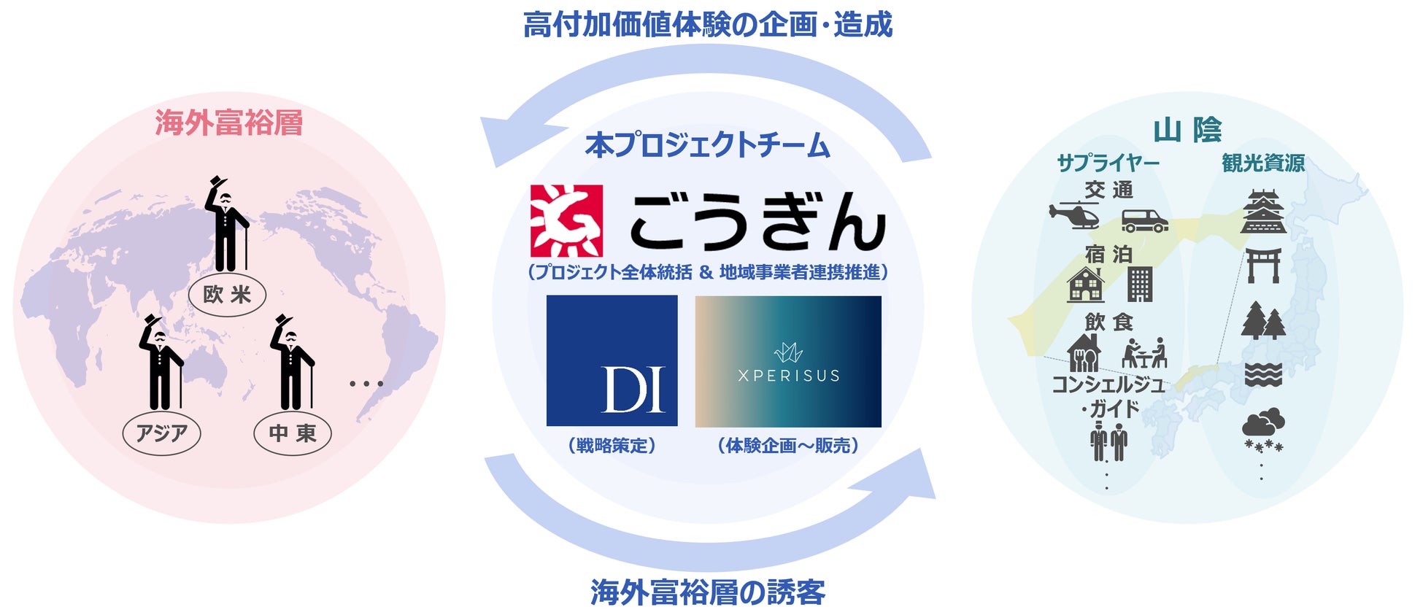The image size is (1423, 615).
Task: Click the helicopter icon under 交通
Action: pyautogui.click(x=1074, y=214)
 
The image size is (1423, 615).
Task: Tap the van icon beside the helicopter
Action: pyautogui.click(x=1144, y=220)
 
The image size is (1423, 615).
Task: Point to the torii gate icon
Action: pyautogui.click(x=1263, y=266)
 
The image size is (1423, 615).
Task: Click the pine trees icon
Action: pyautogui.click(x=1263, y=321)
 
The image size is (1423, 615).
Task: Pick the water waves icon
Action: pyautogui.click(x=1263, y=374)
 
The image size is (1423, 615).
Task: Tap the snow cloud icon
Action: pyautogui.click(x=1263, y=430)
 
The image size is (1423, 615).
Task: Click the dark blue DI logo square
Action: pyautogui.click(x=612, y=360)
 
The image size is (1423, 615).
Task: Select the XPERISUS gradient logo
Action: pyautogui.click(x=788, y=361)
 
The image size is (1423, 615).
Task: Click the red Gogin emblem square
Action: pyautogui.click(x=566, y=220)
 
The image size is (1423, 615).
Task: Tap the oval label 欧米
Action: pyautogui.click(x=227, y=295)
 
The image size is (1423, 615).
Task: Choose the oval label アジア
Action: pyautogui.click(x=161, y=433)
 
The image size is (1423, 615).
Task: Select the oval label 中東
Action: pyautogui.click(x=292, y=433)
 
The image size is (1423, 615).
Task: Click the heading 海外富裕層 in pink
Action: pyautogui.click(x=228, y=123)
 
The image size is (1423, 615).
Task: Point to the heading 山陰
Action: pyautogui.click(x=1187, y=130)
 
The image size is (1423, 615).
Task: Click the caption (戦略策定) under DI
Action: pyautogui.click(x=612, y=445)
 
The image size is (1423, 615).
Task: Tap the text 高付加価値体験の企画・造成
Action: pyautogui.click(x=707, y=24)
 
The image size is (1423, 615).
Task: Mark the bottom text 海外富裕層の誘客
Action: pyautogui.click(x=707, y=592)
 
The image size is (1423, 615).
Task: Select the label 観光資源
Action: pyautogui.click(x=1263, y=163)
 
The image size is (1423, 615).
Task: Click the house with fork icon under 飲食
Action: pyautogui.click(x=1084, y=353)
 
